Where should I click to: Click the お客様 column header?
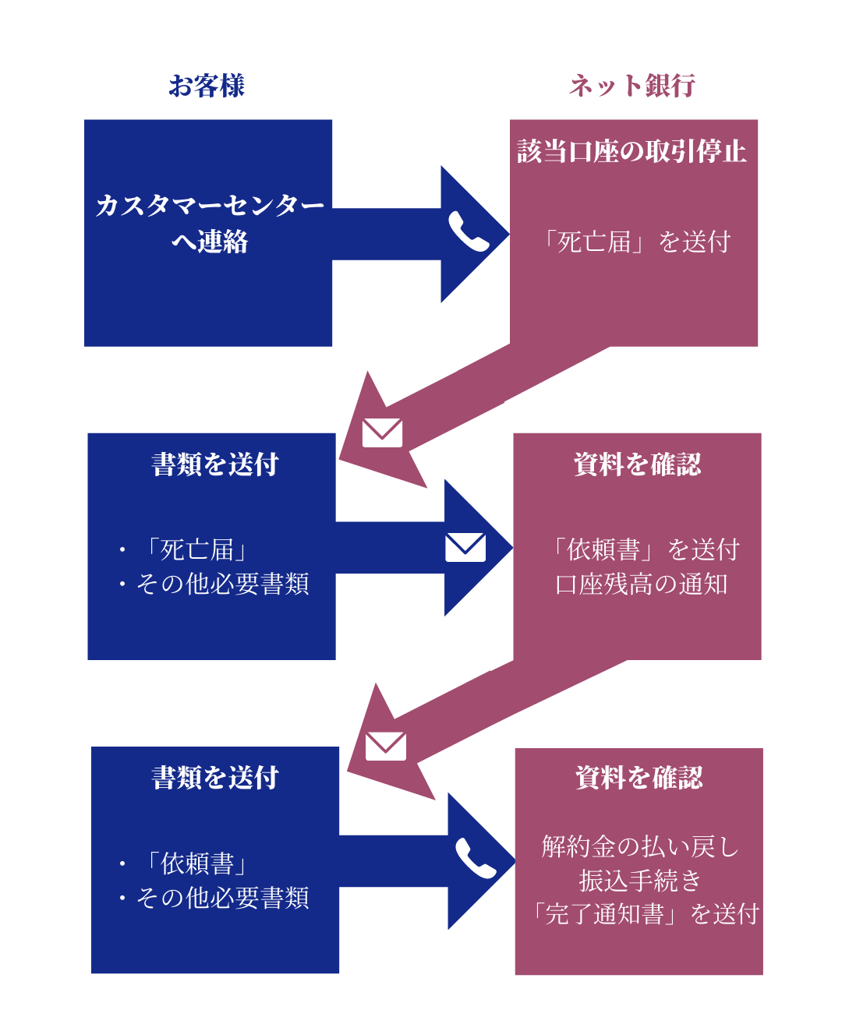[207, 86]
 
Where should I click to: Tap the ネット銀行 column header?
[631, 86]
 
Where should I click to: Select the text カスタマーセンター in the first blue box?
[210, 206]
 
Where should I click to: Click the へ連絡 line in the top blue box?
[210, 242]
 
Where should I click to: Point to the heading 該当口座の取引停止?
[632, 151]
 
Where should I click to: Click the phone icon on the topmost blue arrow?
[468, 232]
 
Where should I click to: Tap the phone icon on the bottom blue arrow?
[475, 859]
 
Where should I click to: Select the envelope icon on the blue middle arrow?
[465, 547]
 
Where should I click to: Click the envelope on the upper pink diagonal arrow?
[383, 433]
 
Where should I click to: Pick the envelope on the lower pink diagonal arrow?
[386, 746]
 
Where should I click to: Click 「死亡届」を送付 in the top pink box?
[637, 242]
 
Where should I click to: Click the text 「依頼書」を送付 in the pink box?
[645, 549]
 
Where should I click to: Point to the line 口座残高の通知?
[641, 584]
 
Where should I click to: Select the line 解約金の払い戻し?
[640, 846]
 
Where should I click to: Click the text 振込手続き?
[640, 880]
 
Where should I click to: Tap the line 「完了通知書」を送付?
[644, 913]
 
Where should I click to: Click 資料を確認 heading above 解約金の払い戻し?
[639, 778]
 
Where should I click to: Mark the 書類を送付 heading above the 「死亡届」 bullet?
[215, 464]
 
